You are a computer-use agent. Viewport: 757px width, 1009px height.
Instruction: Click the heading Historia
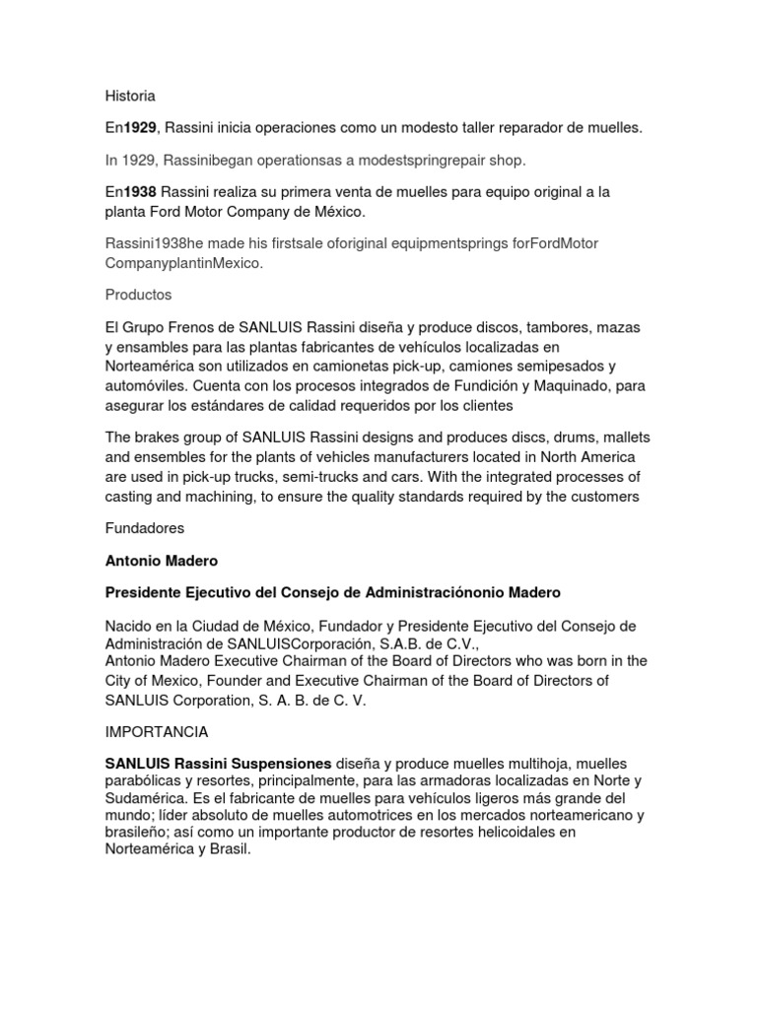tap(130, 96)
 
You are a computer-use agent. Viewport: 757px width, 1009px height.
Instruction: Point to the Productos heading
tap(138, 295)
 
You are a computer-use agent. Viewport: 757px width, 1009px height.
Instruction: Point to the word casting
tap(130, 497)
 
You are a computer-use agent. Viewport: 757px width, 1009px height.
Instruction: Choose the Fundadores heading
tap(144, 528)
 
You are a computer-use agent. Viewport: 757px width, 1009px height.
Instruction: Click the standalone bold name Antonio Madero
tap(162, 560)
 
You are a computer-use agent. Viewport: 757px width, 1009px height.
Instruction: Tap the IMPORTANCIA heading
tap(157, 732)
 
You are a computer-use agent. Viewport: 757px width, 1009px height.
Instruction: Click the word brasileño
tap(141, 833)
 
